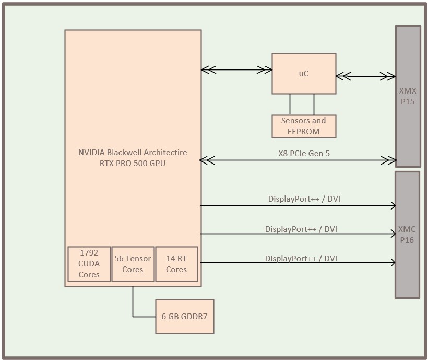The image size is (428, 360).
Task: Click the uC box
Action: click(303, 74)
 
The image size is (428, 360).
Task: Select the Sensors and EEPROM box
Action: click(303, 126)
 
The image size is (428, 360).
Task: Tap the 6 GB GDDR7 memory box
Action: click(185, 316)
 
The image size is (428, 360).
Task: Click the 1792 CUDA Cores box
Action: click(89, 264)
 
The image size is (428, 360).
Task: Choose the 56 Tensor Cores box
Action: click(133, 264)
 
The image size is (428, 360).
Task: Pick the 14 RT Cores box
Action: click(176, 264)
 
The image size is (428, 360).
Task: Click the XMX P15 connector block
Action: click(408, 96)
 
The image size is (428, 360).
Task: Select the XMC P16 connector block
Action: click(407, 235)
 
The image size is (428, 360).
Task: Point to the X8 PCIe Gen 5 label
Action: click(304, 154)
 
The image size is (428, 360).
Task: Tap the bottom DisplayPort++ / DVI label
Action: click(301, 258)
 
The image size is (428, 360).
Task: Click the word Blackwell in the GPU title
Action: click(125, 153)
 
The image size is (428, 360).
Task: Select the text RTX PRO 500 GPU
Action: click(133, 164)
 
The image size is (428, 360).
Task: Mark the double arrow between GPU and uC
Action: click(236, 69)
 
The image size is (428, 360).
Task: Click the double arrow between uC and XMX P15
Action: click(365, 77)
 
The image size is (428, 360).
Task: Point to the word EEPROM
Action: click(303, 131)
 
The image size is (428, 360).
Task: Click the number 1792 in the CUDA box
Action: click(89, 253)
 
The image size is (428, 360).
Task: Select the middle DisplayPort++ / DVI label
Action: click(301, 229)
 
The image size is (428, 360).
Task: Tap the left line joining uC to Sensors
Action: click(290, 104)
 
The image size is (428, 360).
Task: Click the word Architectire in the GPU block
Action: click(165, 153)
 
